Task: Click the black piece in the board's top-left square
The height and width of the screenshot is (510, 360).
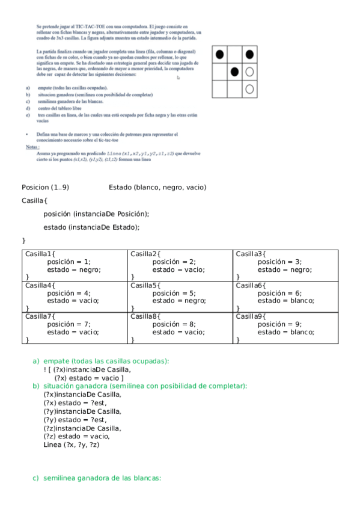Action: click(x=220, y=55)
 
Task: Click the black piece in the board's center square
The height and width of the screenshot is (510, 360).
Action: click(x=235, y=72)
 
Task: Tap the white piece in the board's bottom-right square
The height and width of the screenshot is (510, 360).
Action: click(x=249, y=89)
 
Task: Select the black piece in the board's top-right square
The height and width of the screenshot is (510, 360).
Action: click(x=249, y=55)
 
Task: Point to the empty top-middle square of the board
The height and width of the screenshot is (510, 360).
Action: click(x=235, y=55)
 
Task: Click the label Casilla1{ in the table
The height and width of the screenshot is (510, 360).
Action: click(x=40, y=254)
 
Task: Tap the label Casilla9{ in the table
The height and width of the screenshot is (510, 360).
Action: click(x=250, y=316)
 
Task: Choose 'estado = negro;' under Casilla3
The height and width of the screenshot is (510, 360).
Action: click(x=284, y=269)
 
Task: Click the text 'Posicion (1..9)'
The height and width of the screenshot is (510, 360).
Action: click(x=45, y=188)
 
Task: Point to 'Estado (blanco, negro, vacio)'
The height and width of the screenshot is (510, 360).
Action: click(x=157, y=188)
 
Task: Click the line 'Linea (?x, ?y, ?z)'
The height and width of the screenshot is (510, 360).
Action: click(x=72, y=444)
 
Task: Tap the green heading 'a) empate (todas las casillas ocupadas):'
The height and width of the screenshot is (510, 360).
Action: click(x=101, y=361)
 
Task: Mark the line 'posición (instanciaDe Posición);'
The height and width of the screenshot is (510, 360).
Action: click(x=96, y=214)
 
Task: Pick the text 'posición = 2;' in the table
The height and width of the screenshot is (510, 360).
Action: click(x=174, y=262)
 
